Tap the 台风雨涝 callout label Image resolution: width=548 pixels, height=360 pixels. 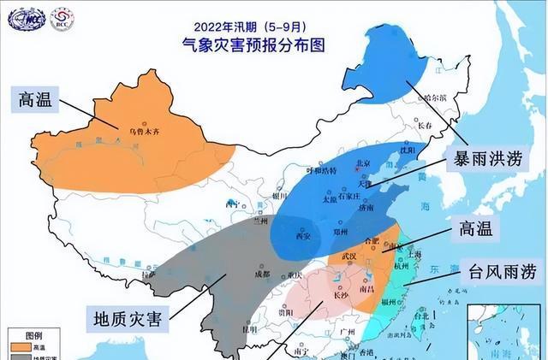pyautogui.click(x=500, y=273)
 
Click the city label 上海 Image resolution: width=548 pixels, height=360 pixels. pyautogui.click(x=415, y=253)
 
